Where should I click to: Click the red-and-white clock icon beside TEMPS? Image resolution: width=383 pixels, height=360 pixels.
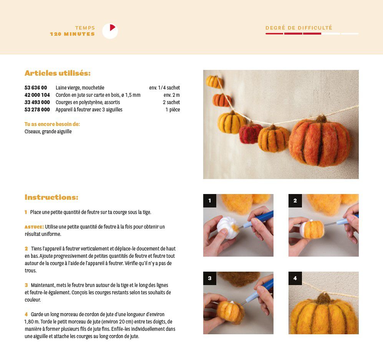[110, 31]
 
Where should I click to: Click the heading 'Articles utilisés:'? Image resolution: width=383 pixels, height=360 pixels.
[58, 73]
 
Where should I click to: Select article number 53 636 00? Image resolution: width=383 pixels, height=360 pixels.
[36, 88]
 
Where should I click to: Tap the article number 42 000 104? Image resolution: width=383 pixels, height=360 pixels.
[37, 95]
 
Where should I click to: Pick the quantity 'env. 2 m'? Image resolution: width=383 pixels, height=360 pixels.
[172, 95]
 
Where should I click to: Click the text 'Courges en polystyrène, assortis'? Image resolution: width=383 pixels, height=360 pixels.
[88, 102]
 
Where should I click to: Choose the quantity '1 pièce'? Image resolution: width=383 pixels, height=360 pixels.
[173, 109]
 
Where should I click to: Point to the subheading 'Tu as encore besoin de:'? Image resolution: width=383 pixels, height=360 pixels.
[52, 124]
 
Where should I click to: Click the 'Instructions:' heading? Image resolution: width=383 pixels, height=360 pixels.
[51, 197]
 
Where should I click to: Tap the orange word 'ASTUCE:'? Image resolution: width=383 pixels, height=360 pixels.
[34, 227]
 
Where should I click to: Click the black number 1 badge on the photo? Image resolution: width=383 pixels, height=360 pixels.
[210, 201]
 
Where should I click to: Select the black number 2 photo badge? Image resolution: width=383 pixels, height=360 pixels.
[295, 201]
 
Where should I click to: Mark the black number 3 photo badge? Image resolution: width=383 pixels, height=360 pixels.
[210, 278]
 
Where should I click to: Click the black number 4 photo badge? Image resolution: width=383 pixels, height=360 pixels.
[295, 278]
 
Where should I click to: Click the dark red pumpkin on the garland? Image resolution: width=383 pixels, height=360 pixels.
[250, 133]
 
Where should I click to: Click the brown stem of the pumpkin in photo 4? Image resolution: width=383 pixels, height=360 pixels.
[323, 299]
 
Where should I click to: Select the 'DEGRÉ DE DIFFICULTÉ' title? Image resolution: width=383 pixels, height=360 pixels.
[299, 28]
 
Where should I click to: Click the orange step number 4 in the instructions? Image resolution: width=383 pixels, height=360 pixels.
[26, 314]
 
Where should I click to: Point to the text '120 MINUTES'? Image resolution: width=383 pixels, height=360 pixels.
[72, 34]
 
